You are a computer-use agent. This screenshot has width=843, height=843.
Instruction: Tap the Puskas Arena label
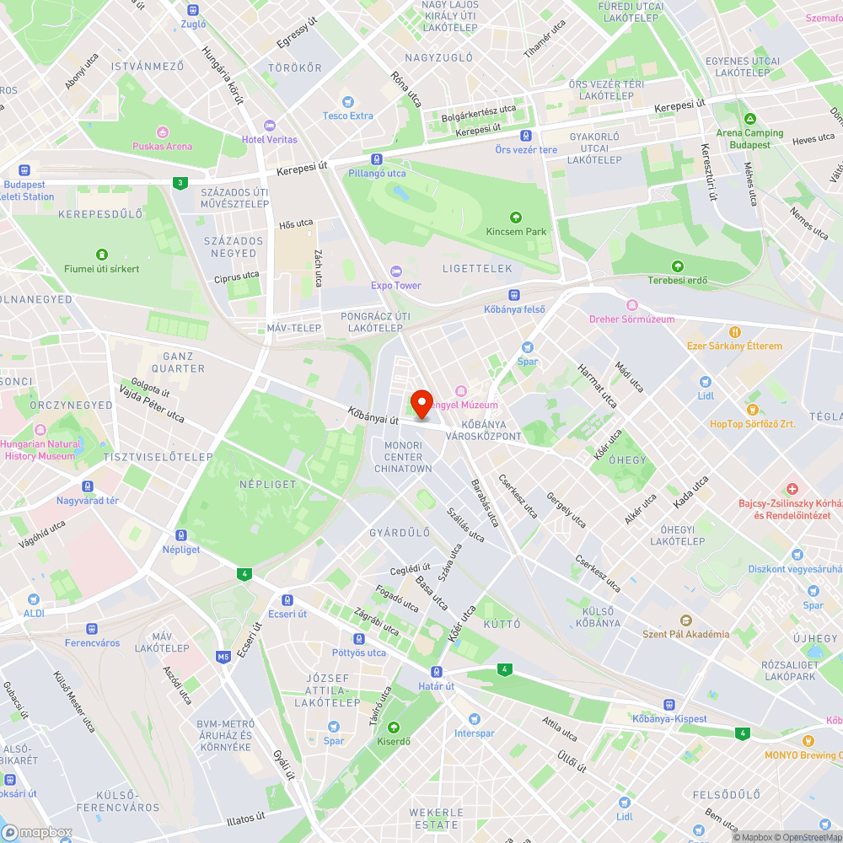point(162,146)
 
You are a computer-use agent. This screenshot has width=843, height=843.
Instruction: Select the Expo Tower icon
point(396,271)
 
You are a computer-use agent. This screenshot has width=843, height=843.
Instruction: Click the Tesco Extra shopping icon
point(347,102)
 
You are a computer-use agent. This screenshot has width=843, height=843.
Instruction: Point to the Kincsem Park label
point(516,231)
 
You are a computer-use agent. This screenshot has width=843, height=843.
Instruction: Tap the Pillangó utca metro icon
point(377,159)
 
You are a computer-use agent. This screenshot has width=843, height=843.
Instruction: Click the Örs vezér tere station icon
point(526,136)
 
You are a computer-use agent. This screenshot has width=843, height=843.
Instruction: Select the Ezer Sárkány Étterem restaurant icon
point(734,332)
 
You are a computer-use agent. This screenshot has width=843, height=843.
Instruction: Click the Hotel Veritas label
point(269,139)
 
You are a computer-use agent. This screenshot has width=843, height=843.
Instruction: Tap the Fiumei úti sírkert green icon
point(101,255)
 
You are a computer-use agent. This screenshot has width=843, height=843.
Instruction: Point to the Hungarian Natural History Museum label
point(40,449)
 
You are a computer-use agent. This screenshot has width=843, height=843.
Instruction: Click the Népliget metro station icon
point(180,535)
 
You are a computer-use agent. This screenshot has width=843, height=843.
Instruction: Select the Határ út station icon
point(436,672)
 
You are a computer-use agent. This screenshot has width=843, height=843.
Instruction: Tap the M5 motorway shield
point(223,656)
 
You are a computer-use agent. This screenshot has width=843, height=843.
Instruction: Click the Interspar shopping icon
point(474,719)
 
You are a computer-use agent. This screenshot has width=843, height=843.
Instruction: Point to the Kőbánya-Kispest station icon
point(668,705)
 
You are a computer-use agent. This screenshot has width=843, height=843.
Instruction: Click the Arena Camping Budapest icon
point(749,119)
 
